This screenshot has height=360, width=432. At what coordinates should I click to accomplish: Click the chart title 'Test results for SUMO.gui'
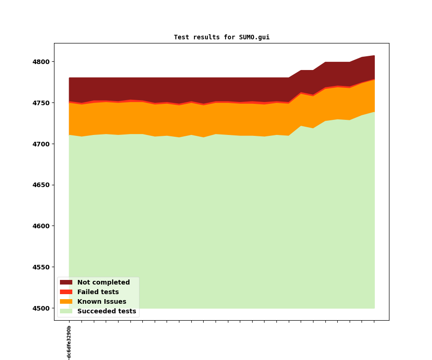pos(222,37)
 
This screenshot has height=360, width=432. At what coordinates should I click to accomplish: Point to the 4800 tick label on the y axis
pos(41,62)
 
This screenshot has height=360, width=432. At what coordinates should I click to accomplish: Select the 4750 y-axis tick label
pos(41,103)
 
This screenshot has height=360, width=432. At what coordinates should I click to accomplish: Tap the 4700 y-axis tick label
pos(41,144)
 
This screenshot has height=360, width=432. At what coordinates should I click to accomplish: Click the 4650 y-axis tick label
pos(41,185)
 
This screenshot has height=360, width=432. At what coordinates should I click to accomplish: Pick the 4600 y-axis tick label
pos(41,226)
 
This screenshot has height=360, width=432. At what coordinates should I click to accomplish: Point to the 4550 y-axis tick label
pos(41,267)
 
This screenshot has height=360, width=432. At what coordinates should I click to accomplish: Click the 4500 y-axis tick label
pos(41,308)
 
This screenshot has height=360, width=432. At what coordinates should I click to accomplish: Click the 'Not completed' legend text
pos(103,282)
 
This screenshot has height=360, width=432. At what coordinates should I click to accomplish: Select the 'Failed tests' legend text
pos(98,292)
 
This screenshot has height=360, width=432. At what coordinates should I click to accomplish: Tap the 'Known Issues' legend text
pos(102,301)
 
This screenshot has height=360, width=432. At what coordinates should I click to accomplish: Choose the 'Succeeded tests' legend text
pos(107,311)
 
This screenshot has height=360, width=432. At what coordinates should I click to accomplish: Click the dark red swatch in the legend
pos(66,282)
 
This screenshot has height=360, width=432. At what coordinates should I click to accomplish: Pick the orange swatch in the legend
pos(66,301)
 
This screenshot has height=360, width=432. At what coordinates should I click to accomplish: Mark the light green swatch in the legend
pos(66,311)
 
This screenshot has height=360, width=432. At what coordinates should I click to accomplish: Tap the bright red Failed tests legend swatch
pos(66,292)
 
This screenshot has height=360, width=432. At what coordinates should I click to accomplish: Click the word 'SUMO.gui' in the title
pos(254,37)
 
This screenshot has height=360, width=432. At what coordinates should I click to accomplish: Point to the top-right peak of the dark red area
pos(374,56)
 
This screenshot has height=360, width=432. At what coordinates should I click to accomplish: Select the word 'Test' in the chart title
pos(181,37)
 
